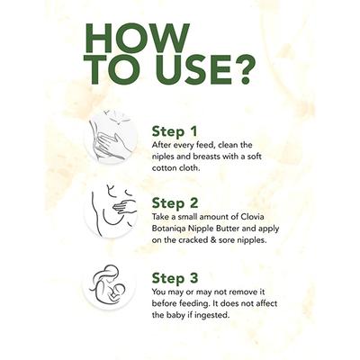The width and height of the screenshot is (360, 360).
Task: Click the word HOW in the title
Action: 137,38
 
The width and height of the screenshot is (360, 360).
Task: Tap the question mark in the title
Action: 241,69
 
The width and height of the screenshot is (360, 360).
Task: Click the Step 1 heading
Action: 175,131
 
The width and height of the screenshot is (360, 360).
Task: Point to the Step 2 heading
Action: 175,203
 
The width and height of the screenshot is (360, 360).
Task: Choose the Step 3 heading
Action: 175,278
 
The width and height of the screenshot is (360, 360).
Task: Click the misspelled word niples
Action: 162,157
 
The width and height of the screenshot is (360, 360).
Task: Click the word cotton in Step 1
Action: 164,168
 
